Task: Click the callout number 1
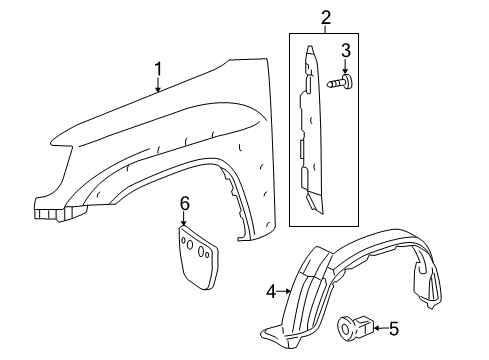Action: (157, 68)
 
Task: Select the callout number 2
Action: (325, 16)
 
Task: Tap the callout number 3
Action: (345, 51)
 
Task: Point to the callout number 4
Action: (271, 291)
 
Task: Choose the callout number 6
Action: (184, 204)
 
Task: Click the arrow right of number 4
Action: (285, 291)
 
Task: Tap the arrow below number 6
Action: (184, 220)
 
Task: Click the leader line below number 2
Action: (325, 29)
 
